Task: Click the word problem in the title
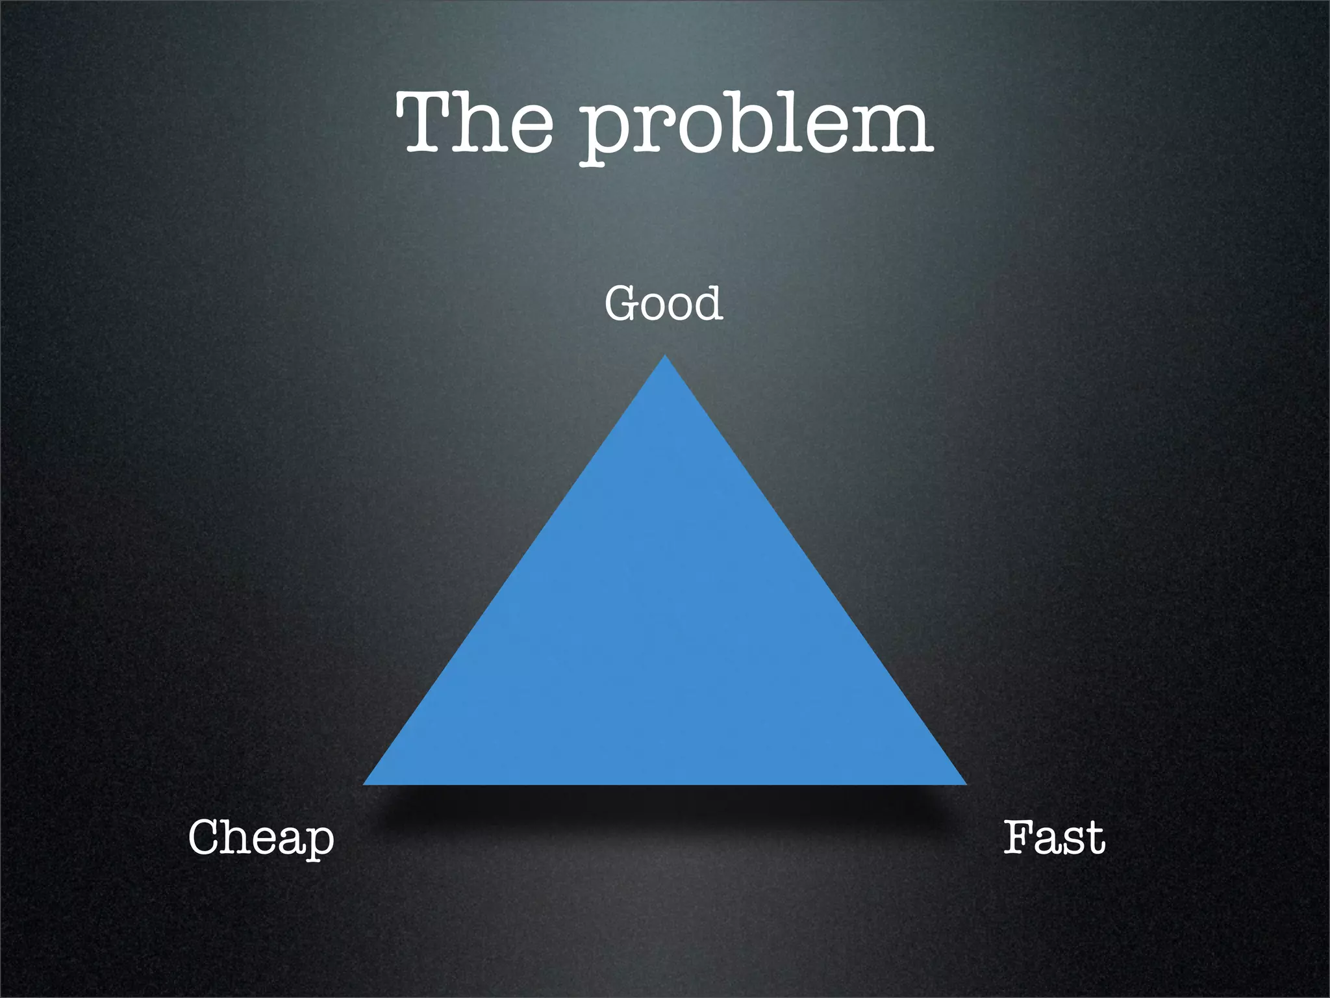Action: (x=756, y=127)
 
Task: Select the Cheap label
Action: (x=261, y=838)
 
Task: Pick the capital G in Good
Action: (x=622, y=303)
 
